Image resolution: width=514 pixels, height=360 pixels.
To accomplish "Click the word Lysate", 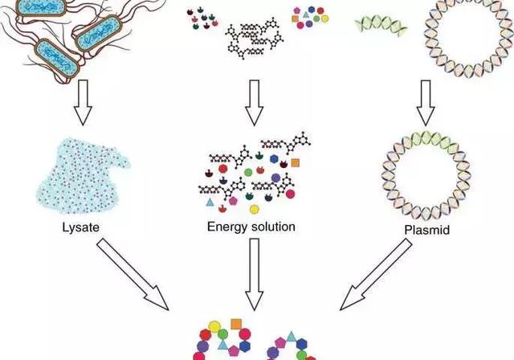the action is click(80, 227).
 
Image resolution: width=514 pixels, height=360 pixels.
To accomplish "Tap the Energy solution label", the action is click(251, 227).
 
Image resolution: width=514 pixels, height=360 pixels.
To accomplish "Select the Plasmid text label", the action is click(426, 230).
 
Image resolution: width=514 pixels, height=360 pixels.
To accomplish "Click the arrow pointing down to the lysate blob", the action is click(83, 103).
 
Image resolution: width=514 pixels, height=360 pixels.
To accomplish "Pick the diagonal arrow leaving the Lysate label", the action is click(133, 274).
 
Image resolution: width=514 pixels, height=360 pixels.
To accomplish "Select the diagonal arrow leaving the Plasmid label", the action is click(376, 274).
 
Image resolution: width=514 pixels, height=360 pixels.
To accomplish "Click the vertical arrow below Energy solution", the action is click(254, 274).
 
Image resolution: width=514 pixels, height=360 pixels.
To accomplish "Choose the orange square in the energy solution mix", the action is click(296, 162).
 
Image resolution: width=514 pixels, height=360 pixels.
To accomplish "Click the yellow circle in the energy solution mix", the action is click(255, 209).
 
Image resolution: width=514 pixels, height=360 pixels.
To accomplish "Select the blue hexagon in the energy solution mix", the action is click(274, 159).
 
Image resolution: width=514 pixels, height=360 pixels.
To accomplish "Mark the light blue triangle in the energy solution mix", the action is click(210, 202).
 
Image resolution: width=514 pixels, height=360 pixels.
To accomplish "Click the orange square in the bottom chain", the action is click(236, 325).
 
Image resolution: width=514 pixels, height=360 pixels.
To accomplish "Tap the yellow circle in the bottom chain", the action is click(214, 326).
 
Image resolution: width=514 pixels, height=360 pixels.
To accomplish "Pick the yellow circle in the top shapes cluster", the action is click(324, 18).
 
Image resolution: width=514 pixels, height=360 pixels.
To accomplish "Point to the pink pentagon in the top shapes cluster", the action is click(297, 10).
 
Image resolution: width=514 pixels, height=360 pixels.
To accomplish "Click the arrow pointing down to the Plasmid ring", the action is click(426, 103).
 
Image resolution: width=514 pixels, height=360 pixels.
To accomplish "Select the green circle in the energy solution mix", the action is click(248, 172).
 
